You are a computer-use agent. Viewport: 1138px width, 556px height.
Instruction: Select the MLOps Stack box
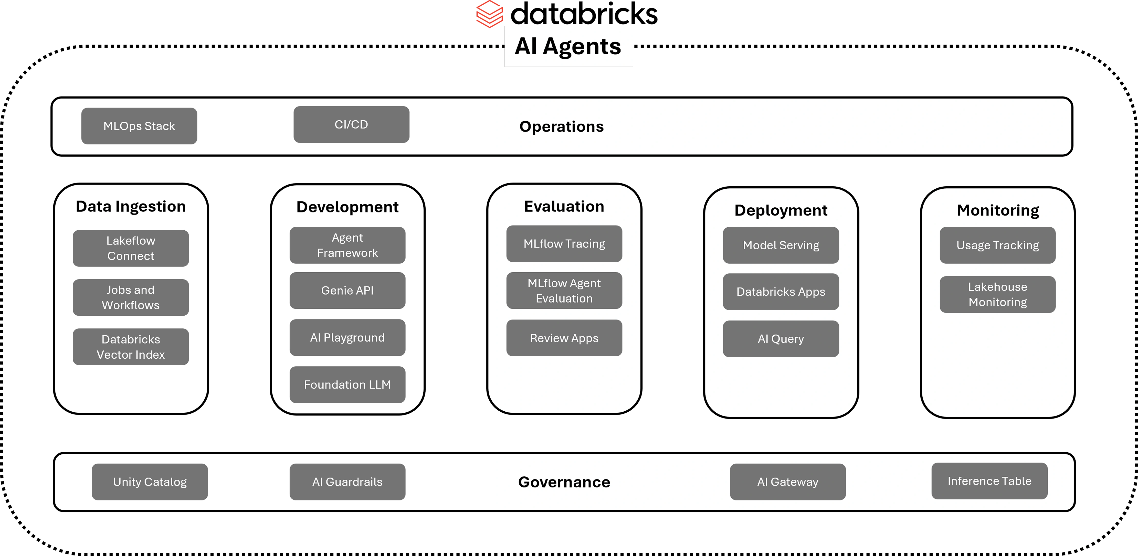point(139,126)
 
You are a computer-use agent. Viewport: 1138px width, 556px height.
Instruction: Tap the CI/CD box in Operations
point(351,125)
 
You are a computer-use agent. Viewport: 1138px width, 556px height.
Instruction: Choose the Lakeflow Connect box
point(131,248)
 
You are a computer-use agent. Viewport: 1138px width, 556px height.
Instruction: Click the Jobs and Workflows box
point(131,297)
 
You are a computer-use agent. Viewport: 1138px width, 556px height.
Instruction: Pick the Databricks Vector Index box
point(131,347)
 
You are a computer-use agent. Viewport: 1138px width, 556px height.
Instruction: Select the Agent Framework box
point(347,245)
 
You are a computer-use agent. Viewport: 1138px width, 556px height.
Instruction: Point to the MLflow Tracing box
point(564,244)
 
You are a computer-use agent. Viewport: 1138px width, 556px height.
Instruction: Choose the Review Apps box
point(564,338)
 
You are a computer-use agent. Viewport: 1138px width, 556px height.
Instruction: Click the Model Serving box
point(781,245)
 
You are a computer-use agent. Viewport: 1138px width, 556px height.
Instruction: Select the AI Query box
point(781,339)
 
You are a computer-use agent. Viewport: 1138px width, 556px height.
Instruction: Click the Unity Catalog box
point(150,482)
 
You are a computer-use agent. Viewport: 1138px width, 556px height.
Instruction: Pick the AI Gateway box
point(788,482)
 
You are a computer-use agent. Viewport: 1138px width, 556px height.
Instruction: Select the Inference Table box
point(989,481)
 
